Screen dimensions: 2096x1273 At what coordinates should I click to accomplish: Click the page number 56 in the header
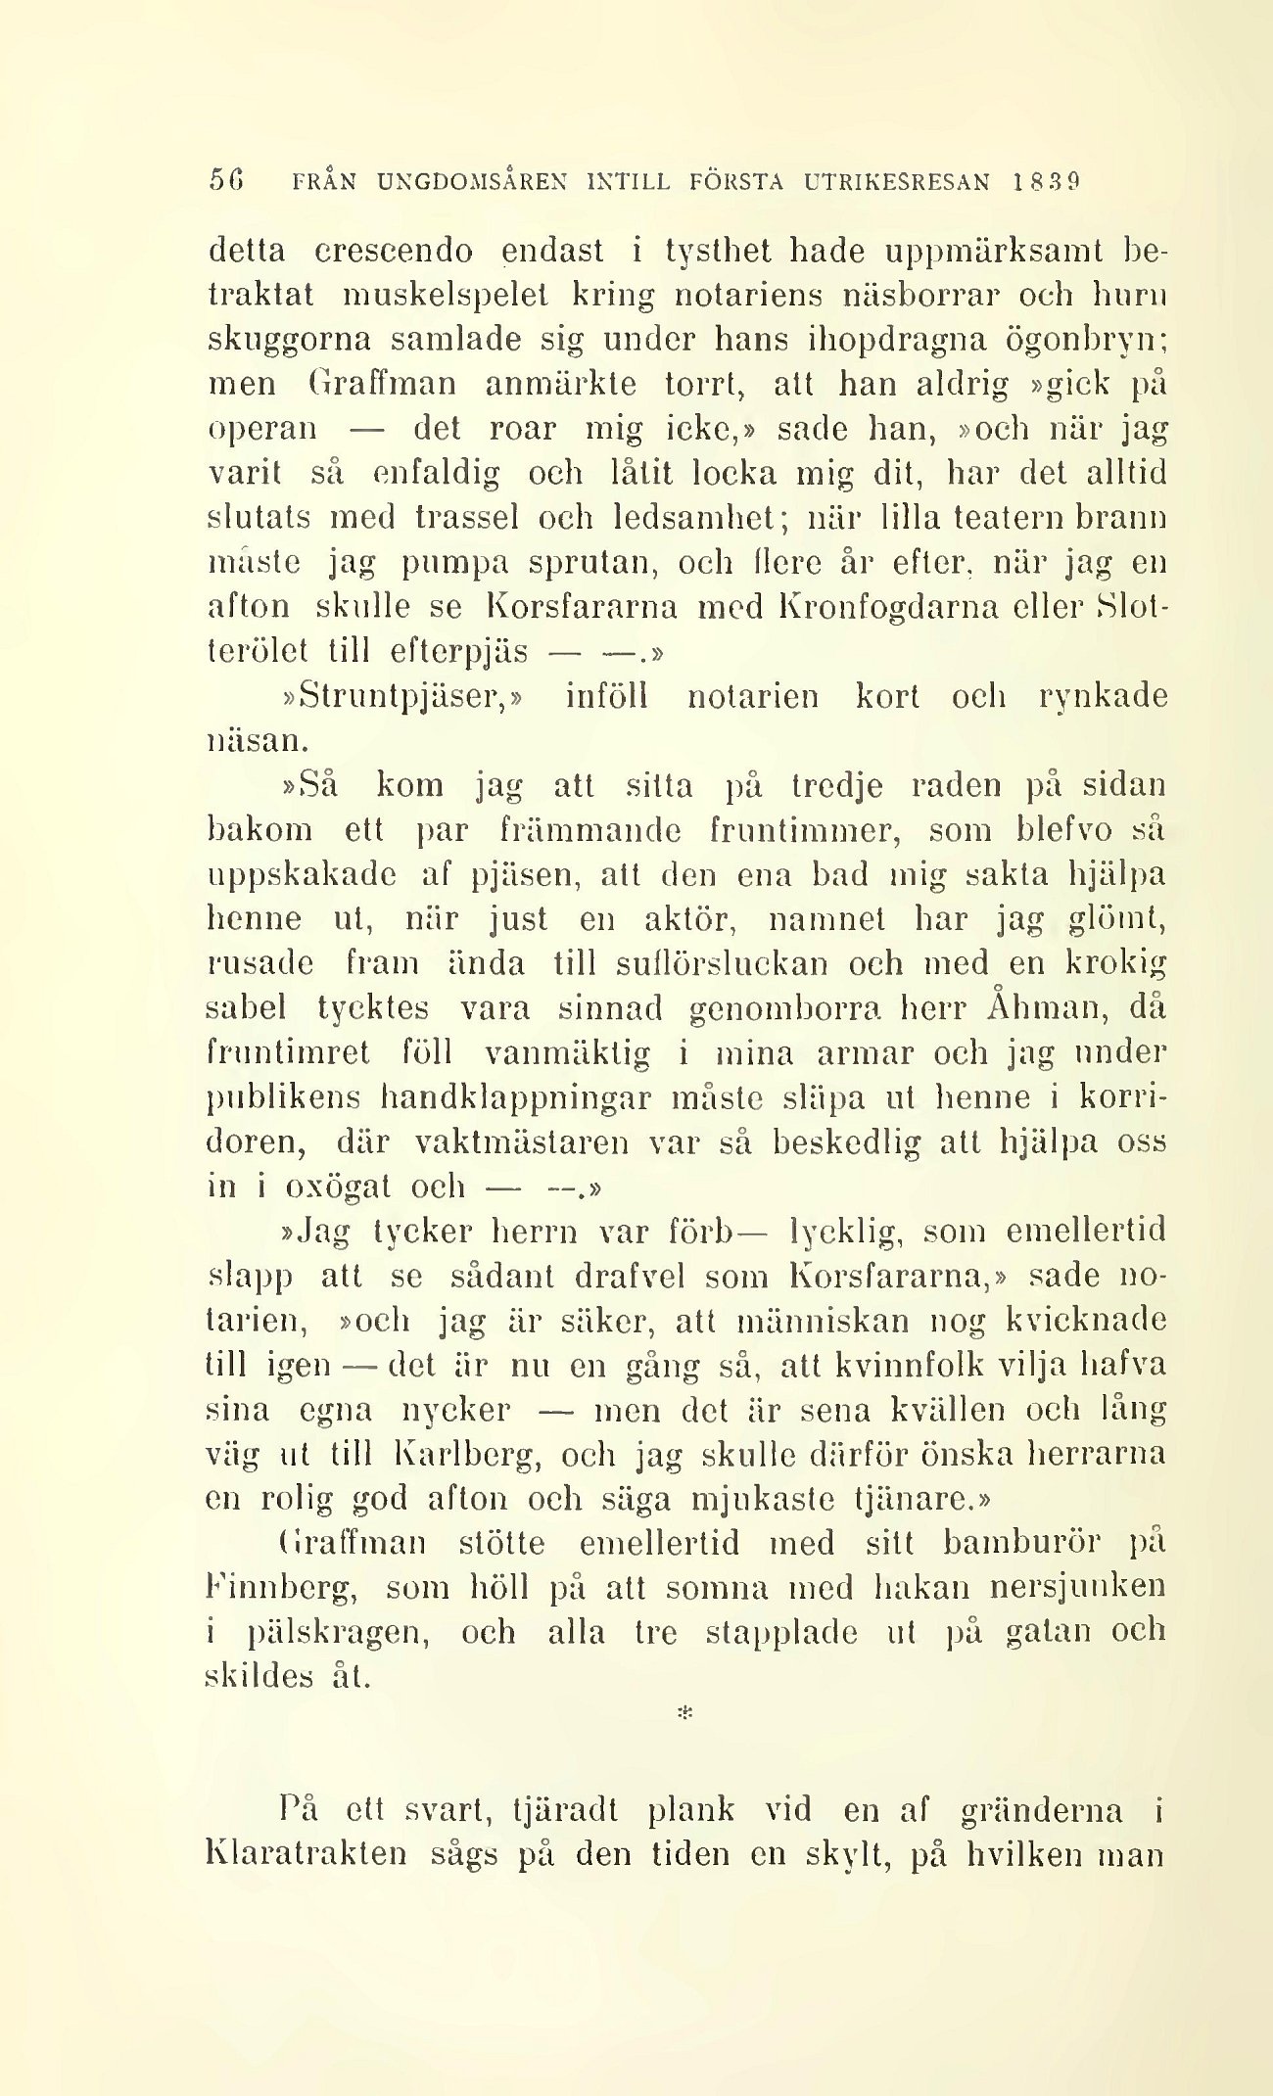tap(225, 182)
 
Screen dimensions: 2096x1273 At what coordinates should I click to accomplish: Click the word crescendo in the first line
tap(395, 253)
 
